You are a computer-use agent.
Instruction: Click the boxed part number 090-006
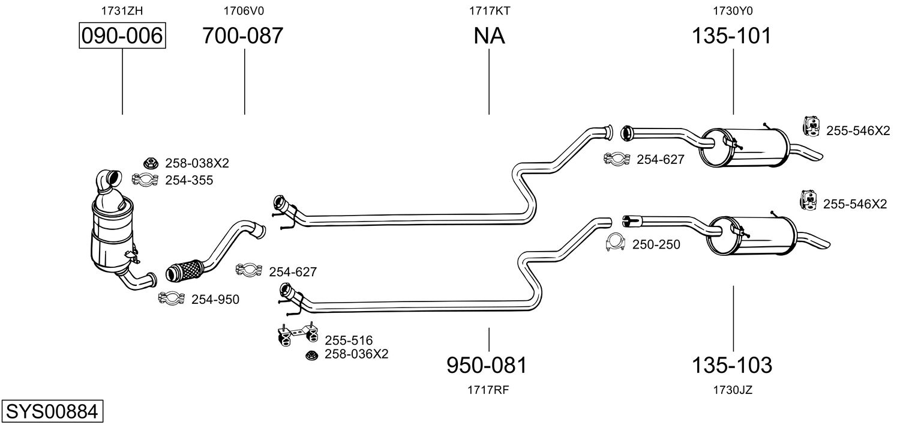122,36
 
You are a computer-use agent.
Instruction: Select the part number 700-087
242,36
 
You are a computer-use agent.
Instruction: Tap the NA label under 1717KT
489,36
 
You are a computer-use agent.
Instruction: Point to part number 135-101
731,36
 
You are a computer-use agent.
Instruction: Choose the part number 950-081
487,365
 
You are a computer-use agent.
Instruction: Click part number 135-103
732,365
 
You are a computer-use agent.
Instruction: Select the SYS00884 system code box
52,412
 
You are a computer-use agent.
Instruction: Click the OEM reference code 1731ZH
122,10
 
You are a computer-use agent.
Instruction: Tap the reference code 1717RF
488,390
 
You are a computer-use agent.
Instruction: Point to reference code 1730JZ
733,390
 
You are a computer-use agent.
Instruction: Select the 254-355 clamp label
189,180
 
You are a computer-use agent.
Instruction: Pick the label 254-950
215,299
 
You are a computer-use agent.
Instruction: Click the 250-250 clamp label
656,244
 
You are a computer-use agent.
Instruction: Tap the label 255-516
349,341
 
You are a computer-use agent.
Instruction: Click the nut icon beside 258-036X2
311,356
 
